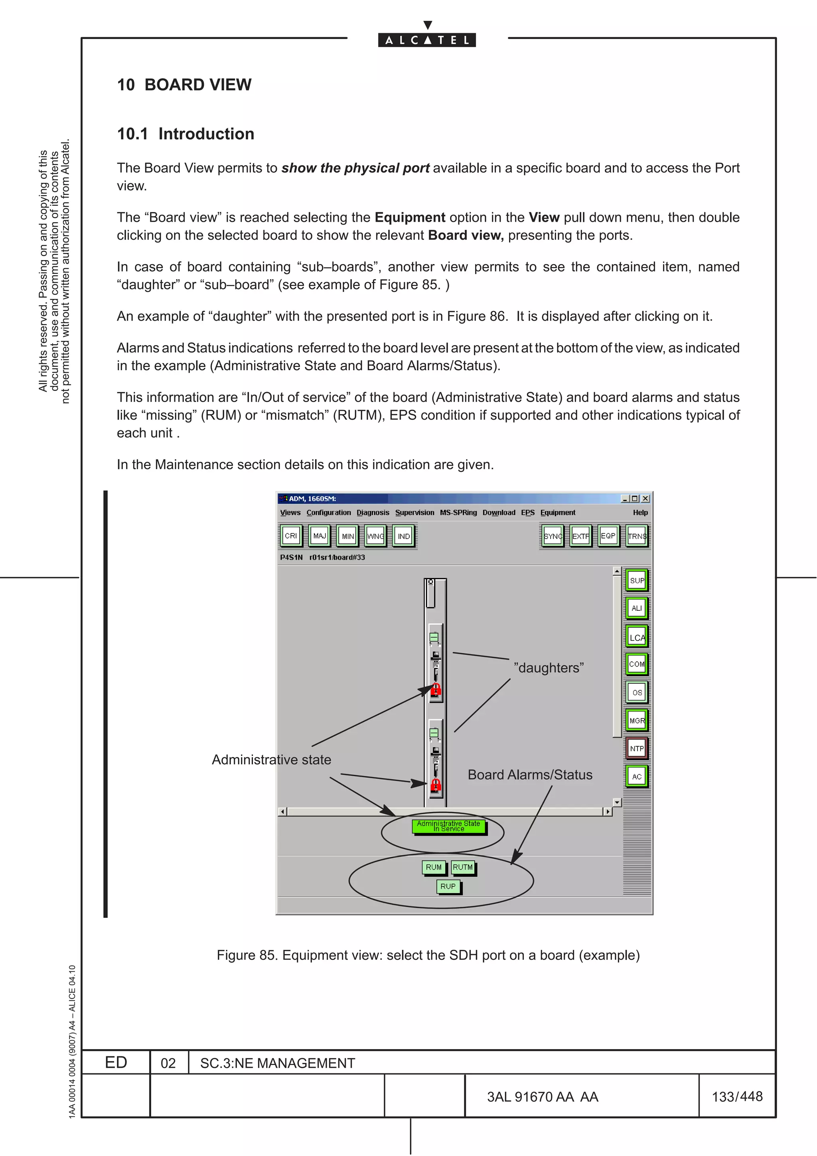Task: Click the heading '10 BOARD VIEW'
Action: coord(184,85)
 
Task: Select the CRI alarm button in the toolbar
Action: coord(290,536)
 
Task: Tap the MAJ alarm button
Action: coord(319,536)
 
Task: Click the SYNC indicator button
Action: coord(553,536)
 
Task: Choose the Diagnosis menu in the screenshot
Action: coord(373,513)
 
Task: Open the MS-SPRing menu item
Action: coord(458,513)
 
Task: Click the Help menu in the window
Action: coord(640,513)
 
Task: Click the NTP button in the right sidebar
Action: coord(637,749)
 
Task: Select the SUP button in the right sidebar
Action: coord(637,580)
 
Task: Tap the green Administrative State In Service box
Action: coord(448,826)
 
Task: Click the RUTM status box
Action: coord(463,867)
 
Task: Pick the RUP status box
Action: coord(448,886)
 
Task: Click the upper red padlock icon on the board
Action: coord(436,689)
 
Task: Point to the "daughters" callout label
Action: coord(549,668)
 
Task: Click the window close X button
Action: coord(646,499)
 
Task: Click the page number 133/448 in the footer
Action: coord(737,1097)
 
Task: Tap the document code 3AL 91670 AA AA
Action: coord(542,1097)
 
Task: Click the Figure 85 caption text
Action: coord(428,955)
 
